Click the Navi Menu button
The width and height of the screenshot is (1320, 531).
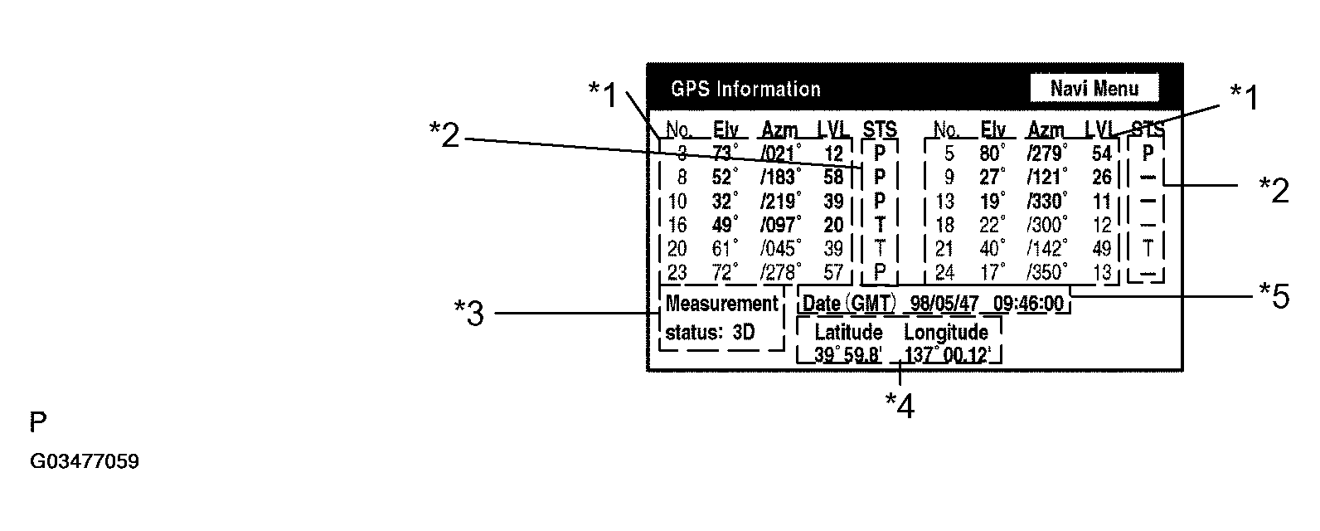[1094, 89]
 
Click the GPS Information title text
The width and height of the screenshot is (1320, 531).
[745, 89]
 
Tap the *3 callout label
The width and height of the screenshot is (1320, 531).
[469, 314]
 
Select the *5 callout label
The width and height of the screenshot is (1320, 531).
[1274, 295]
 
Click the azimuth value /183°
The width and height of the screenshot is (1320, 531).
[780, 178]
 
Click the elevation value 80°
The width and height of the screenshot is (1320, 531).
[992, 153]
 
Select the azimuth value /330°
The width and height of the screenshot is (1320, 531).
[1047, 202]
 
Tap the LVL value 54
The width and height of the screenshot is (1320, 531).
[1101, 153]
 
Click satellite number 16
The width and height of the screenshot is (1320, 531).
[677, 225]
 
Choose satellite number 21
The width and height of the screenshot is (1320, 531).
[944, 248]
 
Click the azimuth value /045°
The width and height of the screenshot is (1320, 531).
[780, 248]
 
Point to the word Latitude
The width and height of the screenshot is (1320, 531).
[848, 333]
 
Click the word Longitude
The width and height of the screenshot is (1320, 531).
[945, 333]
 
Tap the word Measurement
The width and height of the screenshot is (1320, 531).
[722, 304]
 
